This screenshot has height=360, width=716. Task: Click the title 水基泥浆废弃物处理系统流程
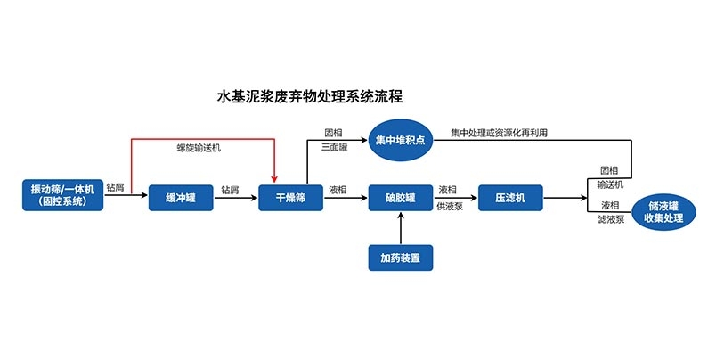pos(315,95)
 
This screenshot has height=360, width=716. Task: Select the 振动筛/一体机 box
pos(63,195)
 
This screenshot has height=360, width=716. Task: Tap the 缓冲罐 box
pos(181,198)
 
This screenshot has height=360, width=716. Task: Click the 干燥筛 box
pos(289,198)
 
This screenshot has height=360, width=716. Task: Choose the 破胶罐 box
pos(401,198)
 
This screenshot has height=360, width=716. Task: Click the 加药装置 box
pos(401,258)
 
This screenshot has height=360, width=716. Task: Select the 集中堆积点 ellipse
pos(400,141)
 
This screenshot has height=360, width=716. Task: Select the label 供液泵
pos(448,206)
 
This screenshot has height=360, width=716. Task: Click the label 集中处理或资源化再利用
pos(499,133)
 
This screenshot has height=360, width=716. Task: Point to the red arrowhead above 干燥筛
pos(276,177)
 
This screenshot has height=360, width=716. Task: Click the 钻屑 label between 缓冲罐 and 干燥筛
pos(230,189)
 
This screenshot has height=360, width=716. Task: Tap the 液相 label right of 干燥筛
pos(338,189)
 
